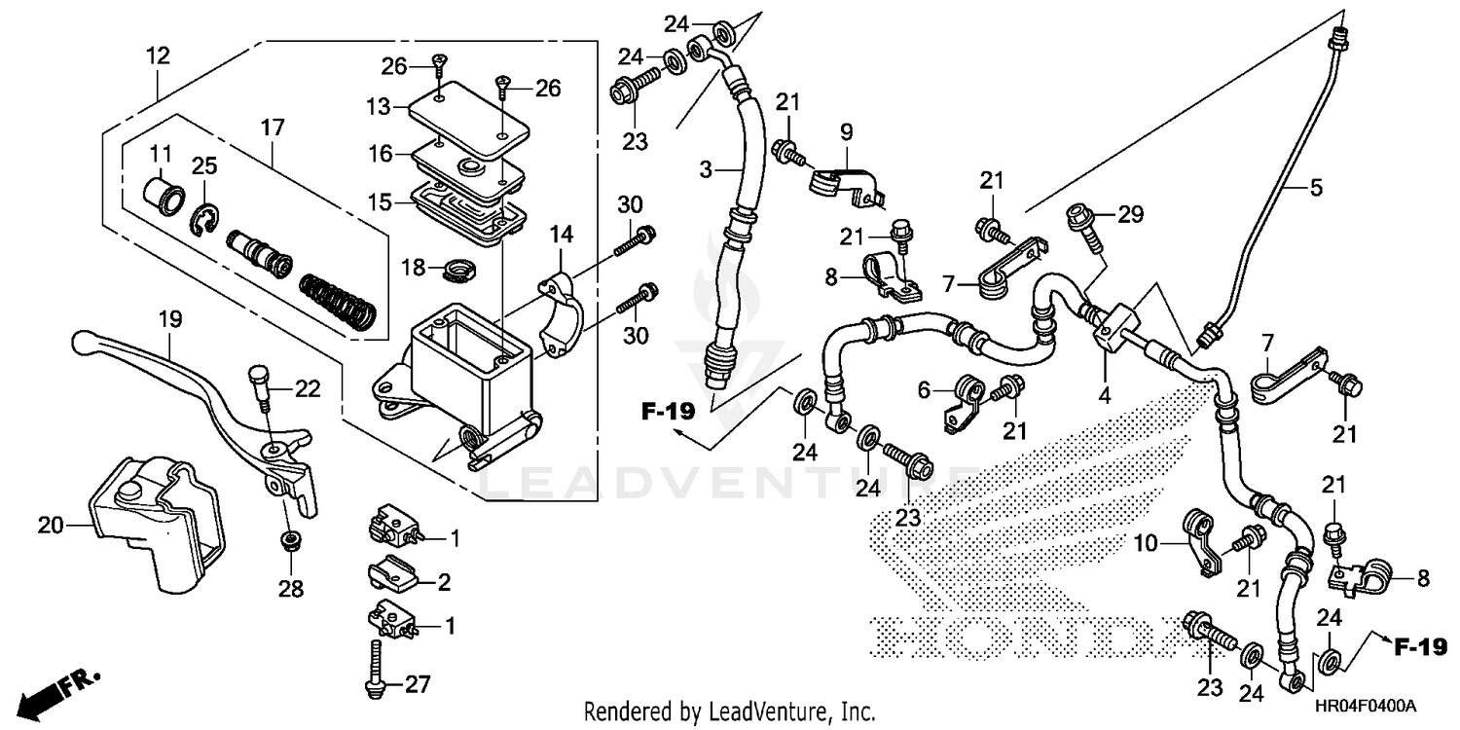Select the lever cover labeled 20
156,526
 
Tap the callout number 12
158,56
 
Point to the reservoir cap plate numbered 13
467,119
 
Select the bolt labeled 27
372,670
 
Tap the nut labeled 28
289,541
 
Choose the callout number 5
1316,188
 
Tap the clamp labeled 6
965,396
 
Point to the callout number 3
706,169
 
